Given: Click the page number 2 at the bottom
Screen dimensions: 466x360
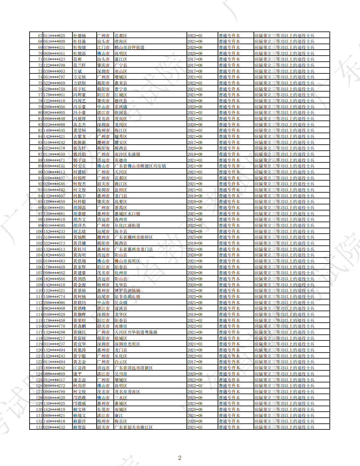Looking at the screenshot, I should [180, 458].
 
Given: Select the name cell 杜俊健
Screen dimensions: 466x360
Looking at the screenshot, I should [79, 47].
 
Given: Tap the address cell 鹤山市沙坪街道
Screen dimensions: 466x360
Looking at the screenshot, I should [129, 47].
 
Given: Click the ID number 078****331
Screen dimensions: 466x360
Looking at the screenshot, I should [54, 47].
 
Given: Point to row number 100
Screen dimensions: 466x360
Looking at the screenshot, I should [39, 231].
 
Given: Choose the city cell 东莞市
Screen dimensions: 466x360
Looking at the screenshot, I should [103, 409].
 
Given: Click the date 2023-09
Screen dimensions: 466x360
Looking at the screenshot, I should [195, 403].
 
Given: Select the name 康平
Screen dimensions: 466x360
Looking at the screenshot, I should [78, 374].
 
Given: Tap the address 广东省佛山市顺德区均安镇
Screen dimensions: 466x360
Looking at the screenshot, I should [140, 166].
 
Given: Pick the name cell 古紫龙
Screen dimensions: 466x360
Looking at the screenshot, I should [79, 136].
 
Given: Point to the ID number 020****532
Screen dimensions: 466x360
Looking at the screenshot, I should [54, 427].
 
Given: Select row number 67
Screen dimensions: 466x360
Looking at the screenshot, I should [40, 36].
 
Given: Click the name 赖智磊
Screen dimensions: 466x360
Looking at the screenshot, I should [79, 427].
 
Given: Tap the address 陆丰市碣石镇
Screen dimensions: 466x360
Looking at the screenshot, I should [127, 297].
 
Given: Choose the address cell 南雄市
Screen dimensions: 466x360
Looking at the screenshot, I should [121, 326].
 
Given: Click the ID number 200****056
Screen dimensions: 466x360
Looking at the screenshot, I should [54, 107].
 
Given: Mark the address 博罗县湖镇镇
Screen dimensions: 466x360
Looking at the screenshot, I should [127, 291].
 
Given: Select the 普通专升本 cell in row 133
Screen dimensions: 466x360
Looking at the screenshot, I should [229, 427].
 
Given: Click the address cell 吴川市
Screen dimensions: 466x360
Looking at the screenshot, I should [121, 374].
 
